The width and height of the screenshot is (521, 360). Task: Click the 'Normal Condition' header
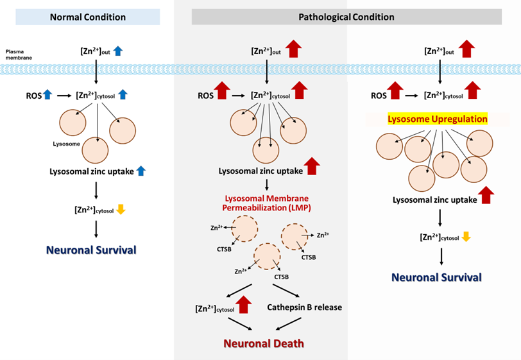click(x=88, y=17)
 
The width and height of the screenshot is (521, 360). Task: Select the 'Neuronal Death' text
click(x=263, y=343)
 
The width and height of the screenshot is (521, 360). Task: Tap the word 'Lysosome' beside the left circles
click(x=66, y=144)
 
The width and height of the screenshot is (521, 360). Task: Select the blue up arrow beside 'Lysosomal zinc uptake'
click(x=142, y=171)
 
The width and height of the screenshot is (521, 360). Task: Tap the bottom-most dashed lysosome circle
click(x=268, y=257)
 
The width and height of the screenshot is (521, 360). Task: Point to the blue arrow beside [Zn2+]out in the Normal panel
click(x=117, y=51)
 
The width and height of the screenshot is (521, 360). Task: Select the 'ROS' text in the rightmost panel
click(x=379, y=95)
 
